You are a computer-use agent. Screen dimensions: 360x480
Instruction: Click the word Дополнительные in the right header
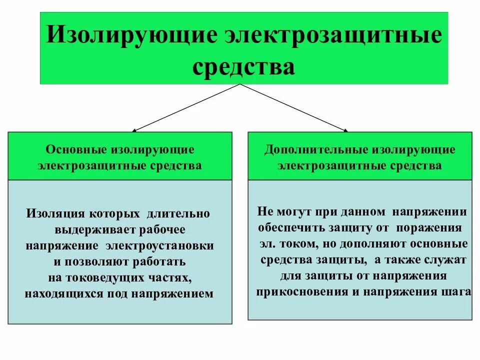click(x=314, y=149)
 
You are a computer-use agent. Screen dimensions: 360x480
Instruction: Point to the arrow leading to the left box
click(x=185, y=107)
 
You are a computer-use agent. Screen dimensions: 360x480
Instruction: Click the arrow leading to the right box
click(x=295, y=107)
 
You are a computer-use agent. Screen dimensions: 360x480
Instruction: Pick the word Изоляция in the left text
click(x=56, y=213)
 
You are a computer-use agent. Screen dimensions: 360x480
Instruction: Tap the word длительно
click(x=178, y=213)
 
